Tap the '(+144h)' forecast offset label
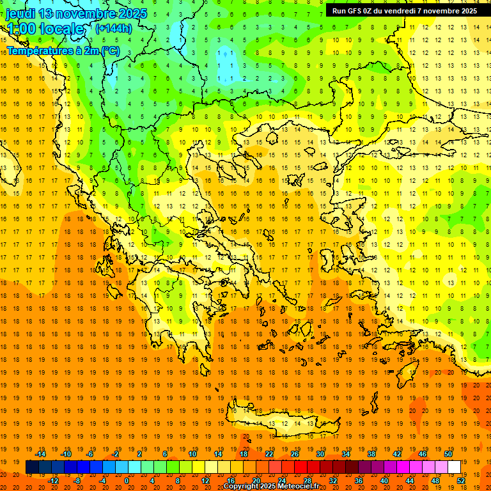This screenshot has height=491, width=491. coord(113,28)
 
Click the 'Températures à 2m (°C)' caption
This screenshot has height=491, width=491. coord(63,51)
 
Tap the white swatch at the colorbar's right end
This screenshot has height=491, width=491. coord(454,467)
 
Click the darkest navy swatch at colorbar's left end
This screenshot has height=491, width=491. coord(32,467)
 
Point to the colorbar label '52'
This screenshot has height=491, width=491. coord(462,480)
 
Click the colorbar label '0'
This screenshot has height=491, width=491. coord(127,480)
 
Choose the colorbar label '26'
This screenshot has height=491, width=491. coord(295,454)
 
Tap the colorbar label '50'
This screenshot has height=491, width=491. coord(448,454)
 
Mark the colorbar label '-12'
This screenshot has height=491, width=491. coord(53,480)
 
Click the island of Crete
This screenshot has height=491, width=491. coord(288,423)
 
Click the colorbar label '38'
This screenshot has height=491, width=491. coord(371,454)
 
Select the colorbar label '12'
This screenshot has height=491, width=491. coord(205,480)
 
